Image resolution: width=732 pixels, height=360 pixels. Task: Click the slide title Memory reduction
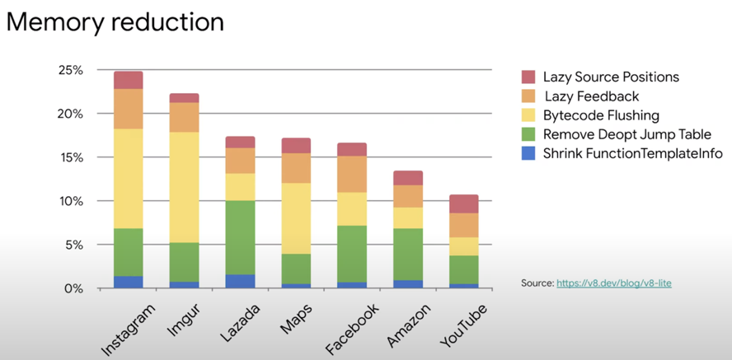click(115, 22)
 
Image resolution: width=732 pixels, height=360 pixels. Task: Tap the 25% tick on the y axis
click(72, 70)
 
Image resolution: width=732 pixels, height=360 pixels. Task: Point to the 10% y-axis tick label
click(72, 201)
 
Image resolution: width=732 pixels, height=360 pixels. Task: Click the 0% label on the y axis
click(75, 288)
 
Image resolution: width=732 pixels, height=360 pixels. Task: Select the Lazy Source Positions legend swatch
click(528, 77)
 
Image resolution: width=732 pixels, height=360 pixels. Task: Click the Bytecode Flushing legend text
click(601, 115)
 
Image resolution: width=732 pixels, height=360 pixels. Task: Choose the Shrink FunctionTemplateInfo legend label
click(632, 154)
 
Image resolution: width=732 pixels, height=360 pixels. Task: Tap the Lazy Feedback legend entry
click(591, 96)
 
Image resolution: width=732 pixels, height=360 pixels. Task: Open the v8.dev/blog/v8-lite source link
click(615, 283)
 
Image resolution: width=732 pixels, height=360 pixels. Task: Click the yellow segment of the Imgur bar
click(184, 187)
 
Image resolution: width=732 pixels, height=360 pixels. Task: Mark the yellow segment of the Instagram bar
click(129, 178)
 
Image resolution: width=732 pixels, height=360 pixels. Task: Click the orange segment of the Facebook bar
click(352, 174)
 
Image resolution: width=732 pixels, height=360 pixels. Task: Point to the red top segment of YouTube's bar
click(464, 203)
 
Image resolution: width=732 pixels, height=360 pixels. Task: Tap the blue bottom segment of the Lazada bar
click(240, 281)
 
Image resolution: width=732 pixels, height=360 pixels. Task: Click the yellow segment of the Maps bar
click(296, 218)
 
